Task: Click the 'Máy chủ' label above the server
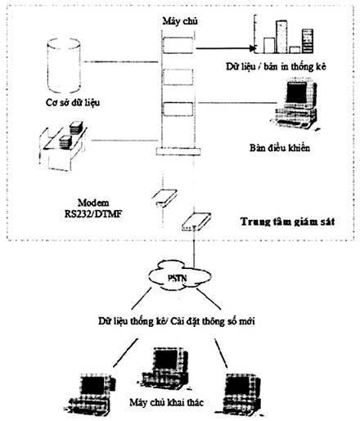click(x=180, y=21)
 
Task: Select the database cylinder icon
click(x=64, y=65)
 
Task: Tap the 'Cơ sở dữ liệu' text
click(x=73, y=102)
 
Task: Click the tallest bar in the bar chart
click(x=281, y=37)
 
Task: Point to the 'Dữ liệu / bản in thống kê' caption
click(x=276, y=66)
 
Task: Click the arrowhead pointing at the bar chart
click(x=254, y=48)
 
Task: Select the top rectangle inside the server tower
click(x=178, y=45)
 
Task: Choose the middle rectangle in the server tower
click(x=178, y=77)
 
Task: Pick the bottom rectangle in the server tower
click(x=178, y=109)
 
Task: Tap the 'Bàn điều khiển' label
click(x=280, y=148)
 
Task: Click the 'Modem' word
click(x=93, y=203)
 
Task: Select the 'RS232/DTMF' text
click(x=93, y=214)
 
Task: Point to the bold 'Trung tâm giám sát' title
click(x=287, y=222)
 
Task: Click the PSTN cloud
click(x=180, y=275)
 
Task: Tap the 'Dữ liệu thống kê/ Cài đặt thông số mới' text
click(x=177, y=321)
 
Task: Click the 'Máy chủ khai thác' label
click(x=166, y=402)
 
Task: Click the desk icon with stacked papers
click(x=63, y=146)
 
